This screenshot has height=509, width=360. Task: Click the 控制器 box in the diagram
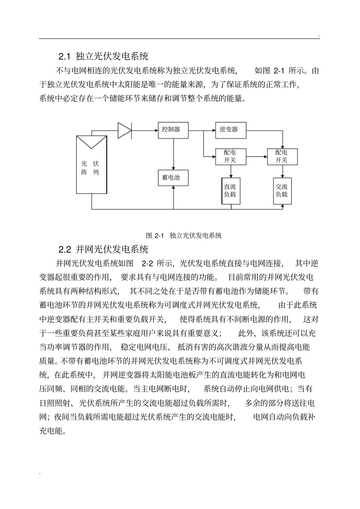[173, 130]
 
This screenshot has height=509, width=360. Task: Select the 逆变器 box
[231, 130]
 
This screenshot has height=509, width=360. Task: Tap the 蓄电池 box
[173, 178]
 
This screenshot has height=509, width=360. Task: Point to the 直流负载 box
[230, 191]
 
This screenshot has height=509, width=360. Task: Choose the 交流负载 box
[282, 191]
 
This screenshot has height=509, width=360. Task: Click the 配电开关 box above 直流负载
[230, 156]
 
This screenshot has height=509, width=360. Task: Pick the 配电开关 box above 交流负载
[282, 156]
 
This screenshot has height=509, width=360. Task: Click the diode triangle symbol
[124, 130]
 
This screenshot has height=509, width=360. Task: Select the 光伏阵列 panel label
[91, 168]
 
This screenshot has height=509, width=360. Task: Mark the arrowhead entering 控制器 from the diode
[155, 130]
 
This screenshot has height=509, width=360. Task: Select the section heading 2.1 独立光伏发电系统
[103, 57]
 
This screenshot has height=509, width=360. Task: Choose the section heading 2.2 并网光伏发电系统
[103, 250]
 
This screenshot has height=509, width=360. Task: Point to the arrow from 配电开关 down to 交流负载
[282, 171]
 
